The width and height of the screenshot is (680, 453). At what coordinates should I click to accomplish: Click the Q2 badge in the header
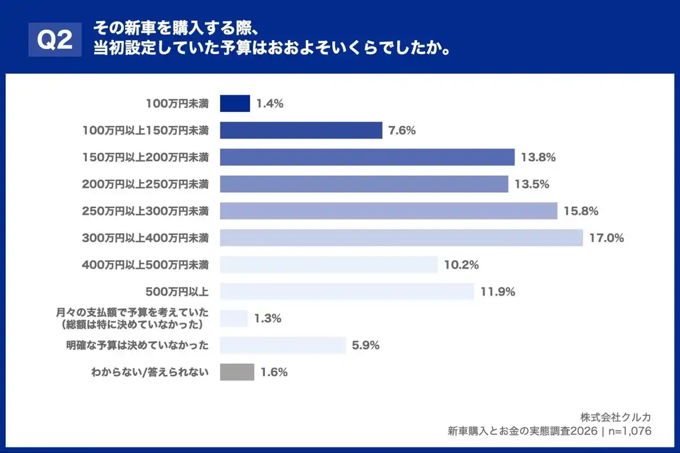[x=55, y=40]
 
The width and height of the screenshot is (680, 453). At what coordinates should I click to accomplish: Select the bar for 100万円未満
[x=235, y=104]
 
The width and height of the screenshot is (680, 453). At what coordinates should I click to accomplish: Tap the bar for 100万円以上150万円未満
[x=301, y=130]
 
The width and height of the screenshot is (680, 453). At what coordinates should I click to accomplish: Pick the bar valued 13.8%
[x=367, y=157]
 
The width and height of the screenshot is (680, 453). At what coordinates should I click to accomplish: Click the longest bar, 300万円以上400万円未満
[x=401, y=238]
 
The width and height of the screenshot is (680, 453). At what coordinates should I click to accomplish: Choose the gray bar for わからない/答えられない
[x=237, y=372]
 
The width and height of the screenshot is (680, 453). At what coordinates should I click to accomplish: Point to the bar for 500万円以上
[x=346, y=292]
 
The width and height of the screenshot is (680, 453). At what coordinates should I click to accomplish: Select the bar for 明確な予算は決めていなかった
[x=283, y=345]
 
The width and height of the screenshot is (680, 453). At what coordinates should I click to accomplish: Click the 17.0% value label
[x=606, y=238]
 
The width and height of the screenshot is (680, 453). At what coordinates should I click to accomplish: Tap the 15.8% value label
[x=581, y=211]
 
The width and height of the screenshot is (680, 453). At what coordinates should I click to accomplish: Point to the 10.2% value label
[x=461, y=265]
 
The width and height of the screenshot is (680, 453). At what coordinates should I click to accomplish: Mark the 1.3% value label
[x=268, y=319]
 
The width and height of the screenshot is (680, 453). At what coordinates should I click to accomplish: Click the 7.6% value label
[x=402, y=130]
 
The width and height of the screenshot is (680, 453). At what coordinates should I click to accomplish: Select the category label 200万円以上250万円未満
[x=145, y=184]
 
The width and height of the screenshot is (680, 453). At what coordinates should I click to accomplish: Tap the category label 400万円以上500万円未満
[x=145, y=264]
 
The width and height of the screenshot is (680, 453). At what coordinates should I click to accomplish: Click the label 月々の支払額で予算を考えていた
[x=132, y=313]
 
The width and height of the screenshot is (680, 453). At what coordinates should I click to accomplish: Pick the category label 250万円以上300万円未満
[x=145, y=211]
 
